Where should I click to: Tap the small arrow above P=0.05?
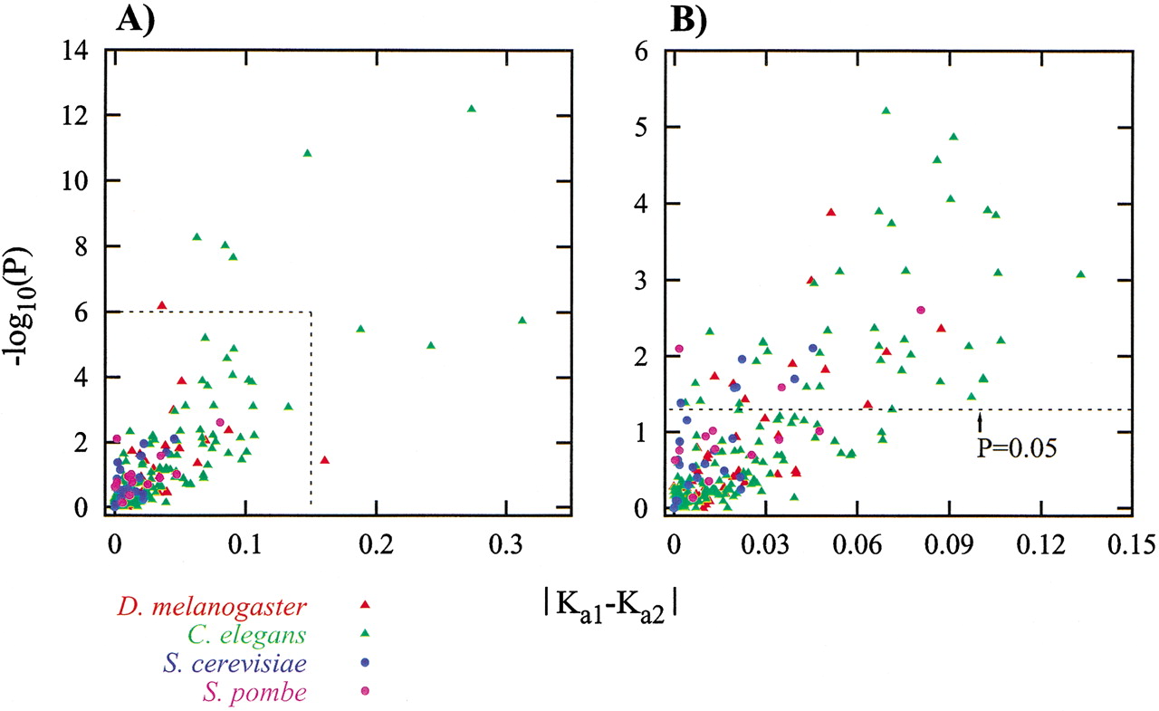979,421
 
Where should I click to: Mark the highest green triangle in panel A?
471,109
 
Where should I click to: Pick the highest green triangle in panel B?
886,110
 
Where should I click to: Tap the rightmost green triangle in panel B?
1079,274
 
